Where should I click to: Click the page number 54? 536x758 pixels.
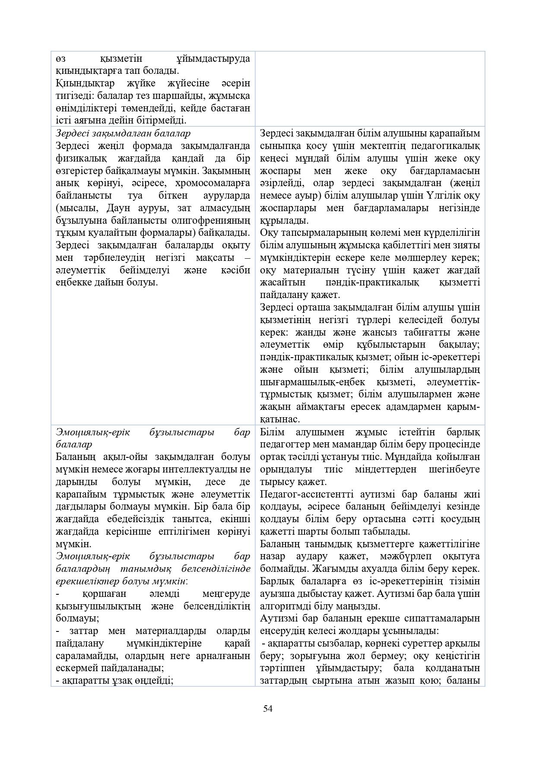[268, 709]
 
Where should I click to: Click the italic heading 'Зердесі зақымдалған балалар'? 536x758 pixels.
[123, 133]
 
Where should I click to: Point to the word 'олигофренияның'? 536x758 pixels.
[216, 220]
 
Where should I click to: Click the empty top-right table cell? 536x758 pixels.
[370, 89]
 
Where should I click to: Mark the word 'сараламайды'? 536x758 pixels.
[87, 656]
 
